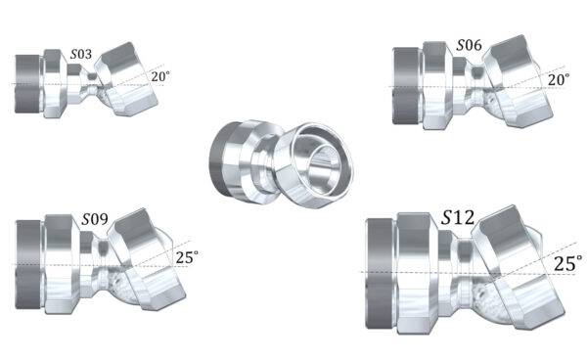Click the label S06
click(x=468, y=46)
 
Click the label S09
click(x=95, y=217)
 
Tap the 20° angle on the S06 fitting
click(x=559, y=80)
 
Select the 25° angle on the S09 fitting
click(x=186, y=257)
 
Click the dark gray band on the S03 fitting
click(x=26, y=82)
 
